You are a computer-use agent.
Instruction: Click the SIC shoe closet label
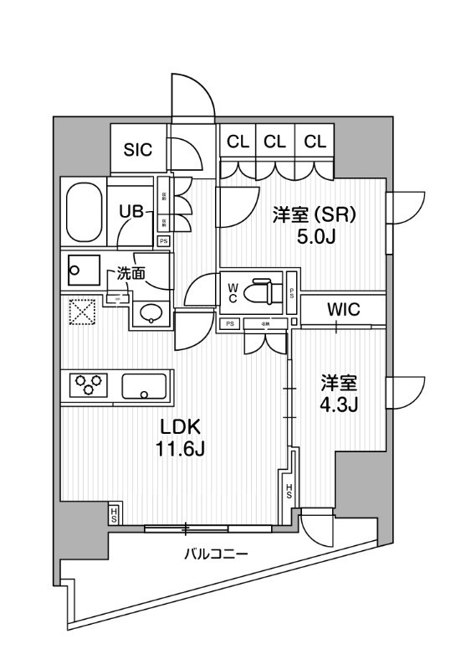point(138,151)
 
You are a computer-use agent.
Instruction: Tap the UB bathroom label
point(131,212)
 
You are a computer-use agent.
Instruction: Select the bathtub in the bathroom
point(84,213)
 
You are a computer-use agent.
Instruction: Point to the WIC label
point(343,309)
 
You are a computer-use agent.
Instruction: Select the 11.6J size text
point(179,450)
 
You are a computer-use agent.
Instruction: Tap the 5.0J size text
point(315,238)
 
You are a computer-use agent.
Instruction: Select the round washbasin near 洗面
point(151,313)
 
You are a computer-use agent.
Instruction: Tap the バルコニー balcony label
point(213,554)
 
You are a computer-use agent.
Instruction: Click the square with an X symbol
point(82,312)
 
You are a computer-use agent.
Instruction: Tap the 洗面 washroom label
point(131,272)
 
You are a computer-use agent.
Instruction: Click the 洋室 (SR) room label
point(315,215)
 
